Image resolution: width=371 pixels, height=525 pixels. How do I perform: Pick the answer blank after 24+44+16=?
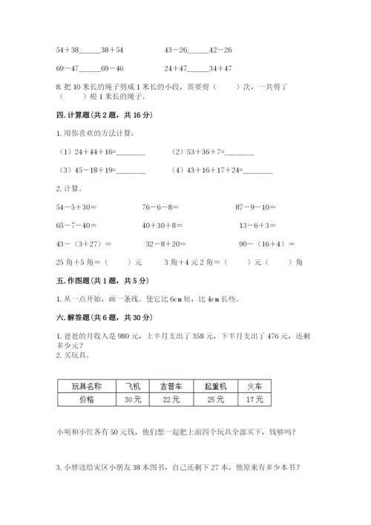click(x=131, y=152)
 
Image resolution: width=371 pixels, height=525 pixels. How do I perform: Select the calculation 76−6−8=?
click(x=160, y=206)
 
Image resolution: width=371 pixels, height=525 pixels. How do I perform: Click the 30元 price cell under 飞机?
click(x=133, y=400)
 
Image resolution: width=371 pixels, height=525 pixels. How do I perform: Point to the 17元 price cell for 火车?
click(x=255, y=400)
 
